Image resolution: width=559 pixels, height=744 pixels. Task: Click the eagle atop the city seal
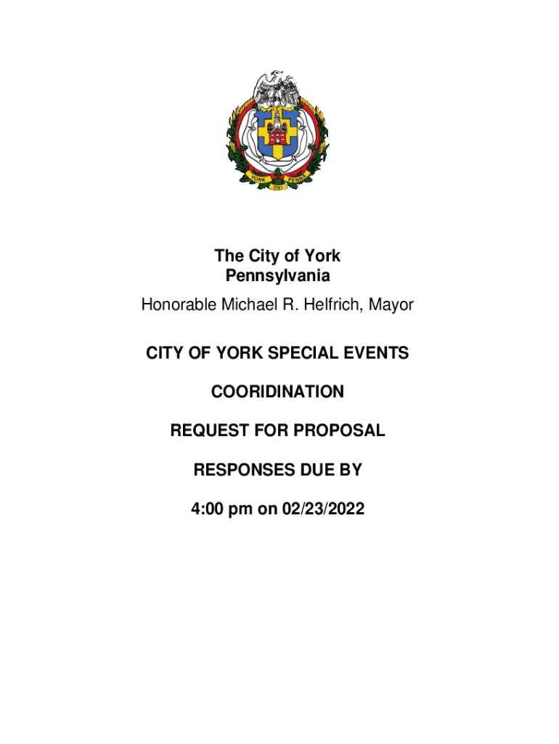pos(278,88)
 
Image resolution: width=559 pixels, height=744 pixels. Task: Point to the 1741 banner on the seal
pos(277,186)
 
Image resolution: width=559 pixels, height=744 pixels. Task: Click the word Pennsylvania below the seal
pos(277,276)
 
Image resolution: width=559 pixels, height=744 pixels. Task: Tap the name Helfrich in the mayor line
pos(338,305)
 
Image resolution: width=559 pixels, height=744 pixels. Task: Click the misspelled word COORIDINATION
pos(277,392)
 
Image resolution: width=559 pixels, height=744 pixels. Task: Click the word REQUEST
pos(205,431)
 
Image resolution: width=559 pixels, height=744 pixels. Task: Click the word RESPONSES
pos(240,470)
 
